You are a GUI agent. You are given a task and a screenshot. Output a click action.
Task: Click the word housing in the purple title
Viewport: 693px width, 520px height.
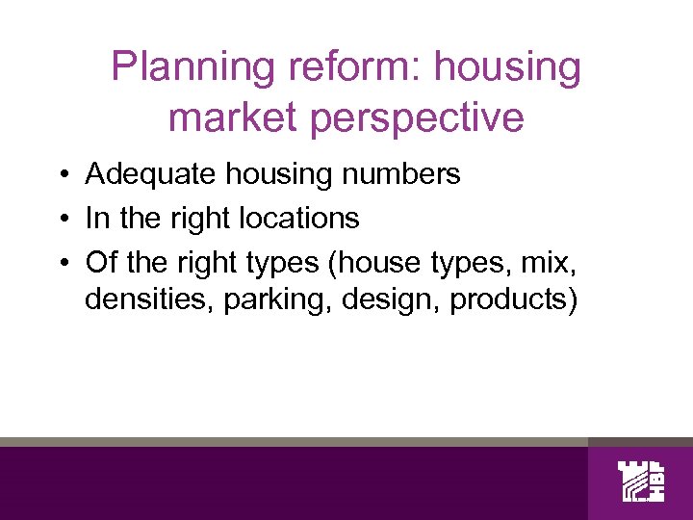[x=508, y=67]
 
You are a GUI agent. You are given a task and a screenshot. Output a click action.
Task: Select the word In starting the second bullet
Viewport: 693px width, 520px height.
[x=96, y=219]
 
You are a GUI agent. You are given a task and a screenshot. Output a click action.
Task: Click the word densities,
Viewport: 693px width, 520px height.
[x=149, y=300]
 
